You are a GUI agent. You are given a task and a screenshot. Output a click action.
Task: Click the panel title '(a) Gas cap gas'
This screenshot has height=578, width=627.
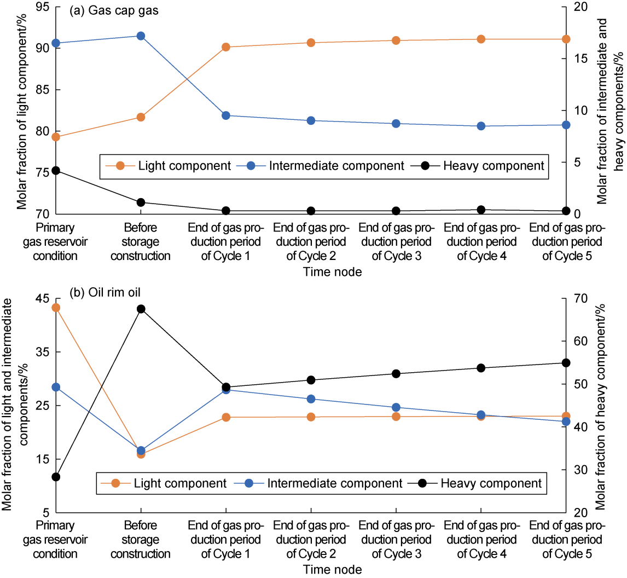click(x=114, y=12)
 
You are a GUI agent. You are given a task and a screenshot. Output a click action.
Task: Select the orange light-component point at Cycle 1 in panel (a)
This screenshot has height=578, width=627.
click(x=226, y=47)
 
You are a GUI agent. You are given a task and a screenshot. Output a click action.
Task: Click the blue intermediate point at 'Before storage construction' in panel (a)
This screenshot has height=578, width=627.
click(x=141, y=36)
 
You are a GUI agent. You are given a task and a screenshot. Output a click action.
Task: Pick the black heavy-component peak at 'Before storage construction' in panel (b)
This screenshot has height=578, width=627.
click(x=141, y=309)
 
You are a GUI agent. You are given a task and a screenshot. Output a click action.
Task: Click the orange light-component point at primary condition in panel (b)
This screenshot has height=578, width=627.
click(x=56, y=308)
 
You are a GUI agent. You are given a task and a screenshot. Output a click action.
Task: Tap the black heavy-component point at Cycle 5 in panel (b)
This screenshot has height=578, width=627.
click(x=566, y=363)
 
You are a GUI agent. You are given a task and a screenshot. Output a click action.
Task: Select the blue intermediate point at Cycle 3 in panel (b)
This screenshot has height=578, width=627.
click(x=396, y=407)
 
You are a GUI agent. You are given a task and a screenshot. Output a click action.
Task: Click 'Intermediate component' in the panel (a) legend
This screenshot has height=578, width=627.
click(x=336, y=165)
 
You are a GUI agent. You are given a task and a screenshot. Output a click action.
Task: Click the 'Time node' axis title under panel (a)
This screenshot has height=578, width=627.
click(x=333, y=272)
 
